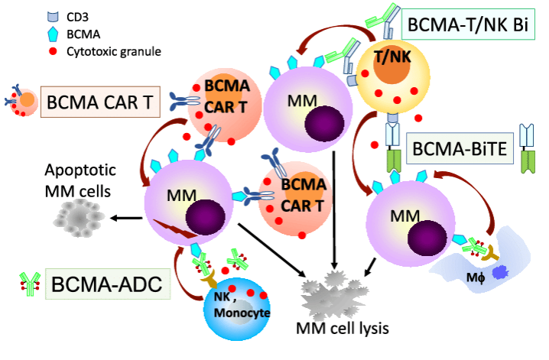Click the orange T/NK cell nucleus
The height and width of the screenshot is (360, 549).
point(390,64)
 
